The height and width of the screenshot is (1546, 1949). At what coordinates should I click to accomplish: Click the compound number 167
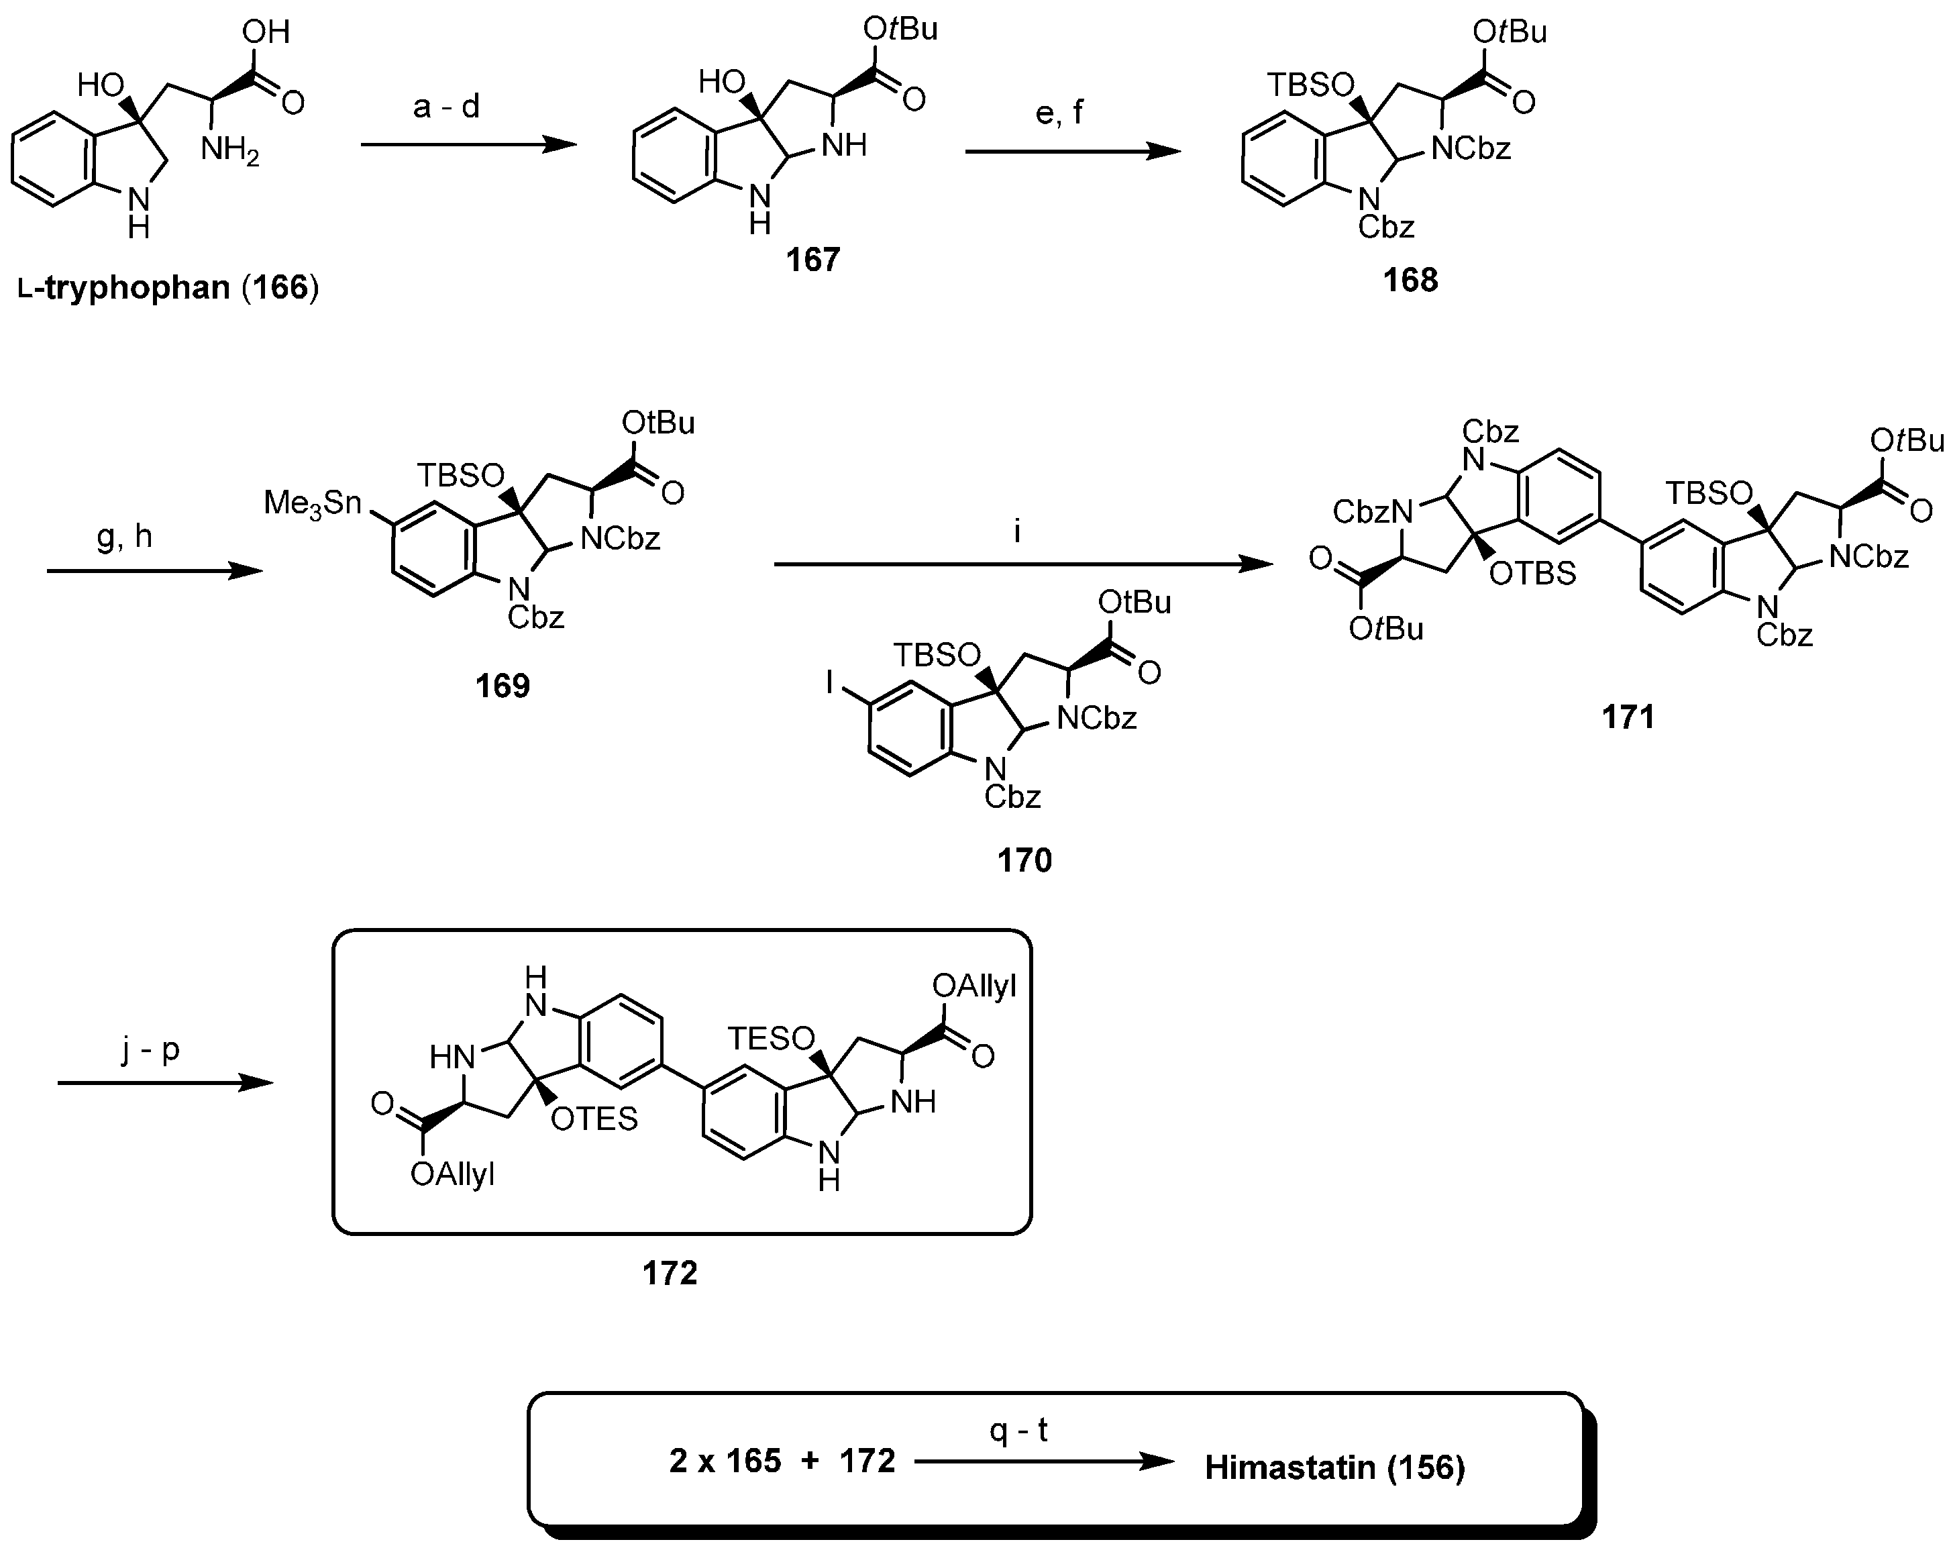812,260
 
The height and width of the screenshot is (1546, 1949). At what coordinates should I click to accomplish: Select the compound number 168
1410,280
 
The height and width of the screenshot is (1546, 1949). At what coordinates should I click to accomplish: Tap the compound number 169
503,686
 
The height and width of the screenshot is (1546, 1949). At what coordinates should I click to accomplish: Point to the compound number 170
1024,860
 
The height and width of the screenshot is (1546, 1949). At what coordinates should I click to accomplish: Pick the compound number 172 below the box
670,1273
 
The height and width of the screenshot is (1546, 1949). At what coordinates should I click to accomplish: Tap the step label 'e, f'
1059,113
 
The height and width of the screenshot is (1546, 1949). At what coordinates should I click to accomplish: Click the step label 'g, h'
125,537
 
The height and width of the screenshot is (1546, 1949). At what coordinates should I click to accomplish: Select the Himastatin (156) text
1334,1467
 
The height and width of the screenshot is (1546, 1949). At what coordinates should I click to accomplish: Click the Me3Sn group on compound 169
312,503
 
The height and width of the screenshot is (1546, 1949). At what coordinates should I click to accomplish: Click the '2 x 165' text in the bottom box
725,1461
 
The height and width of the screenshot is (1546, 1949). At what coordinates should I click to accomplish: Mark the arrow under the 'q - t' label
1044,1462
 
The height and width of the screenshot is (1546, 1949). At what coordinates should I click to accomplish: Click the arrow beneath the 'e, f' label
1072,151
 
